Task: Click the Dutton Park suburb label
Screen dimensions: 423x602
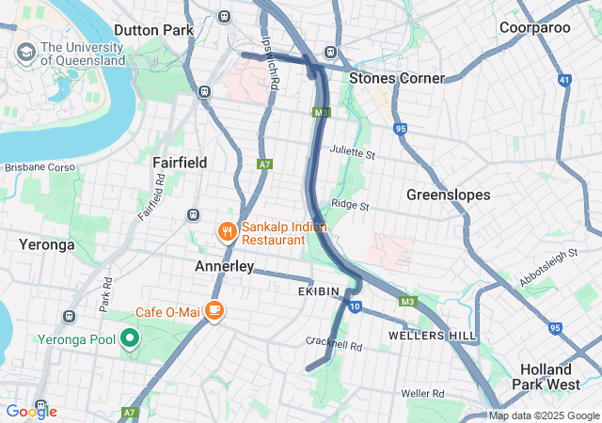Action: pyautogui.click(x=153, y=30)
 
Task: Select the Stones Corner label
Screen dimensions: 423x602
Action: pyautogui.click(x=396, y=78)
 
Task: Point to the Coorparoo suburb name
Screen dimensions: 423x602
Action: pyautogui.click(x=535, y=28)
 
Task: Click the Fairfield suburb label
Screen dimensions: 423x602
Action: pyautogui.click(x=180, y=163)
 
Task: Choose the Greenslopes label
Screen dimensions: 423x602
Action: pyautogui.click(x=448, y=195)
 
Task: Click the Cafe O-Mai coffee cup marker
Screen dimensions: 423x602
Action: pyautogui.click(x=214, y=310)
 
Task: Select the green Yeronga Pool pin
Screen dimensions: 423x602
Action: pyautogui.click(x=131, y=338)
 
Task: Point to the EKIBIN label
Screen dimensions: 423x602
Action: pyautogui.click(x=318, y=291)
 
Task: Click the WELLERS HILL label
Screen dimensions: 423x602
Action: pyautogui.click(x=432, y=336)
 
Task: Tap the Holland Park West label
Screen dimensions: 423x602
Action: pyautogui.click(x=546, y=376)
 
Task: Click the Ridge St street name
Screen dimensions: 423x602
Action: pyautogui.click(x=349, y=204)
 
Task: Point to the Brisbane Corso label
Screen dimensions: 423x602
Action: pyautogui.click(x=39, y=167)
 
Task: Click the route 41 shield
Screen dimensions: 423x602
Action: pyautogui.click(x=563, y=81)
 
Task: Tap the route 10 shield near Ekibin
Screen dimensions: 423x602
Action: pyautogui.click(x=354, y=306)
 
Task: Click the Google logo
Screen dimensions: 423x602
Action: pyautogui.click(x=31, y=412)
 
